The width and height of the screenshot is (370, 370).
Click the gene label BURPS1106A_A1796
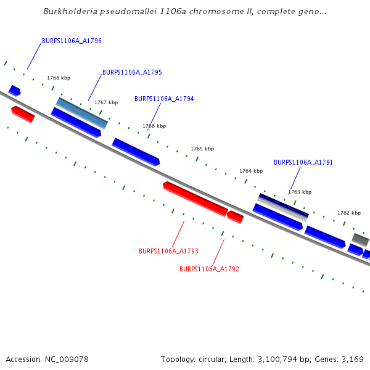pos(72,41)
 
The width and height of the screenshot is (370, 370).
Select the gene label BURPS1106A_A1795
pos(132,72)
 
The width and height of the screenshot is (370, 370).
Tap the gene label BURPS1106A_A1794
pos(164,99)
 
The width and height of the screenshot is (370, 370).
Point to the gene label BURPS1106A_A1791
pos(303,163)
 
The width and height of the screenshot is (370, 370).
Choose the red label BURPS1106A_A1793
pos(168,251)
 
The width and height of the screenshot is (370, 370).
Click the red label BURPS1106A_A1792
pos(209,269)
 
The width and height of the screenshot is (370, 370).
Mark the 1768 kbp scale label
pos(59,78)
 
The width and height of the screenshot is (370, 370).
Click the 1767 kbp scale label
pos(106,102)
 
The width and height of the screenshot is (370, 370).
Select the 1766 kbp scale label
pos(154,126)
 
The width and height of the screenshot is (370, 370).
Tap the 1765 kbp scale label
pos(202,149)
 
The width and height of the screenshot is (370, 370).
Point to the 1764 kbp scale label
pos(251,171)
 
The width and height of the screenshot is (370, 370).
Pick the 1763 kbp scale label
pos(300,192)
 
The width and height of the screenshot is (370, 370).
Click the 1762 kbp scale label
pos(348,213)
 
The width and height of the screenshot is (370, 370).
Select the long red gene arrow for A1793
pos(195,199)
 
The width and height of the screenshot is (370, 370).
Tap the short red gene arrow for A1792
pos(236,216)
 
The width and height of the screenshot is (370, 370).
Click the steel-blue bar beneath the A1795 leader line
pos(82,112)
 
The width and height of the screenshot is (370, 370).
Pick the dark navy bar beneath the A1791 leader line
pos(283,205)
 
